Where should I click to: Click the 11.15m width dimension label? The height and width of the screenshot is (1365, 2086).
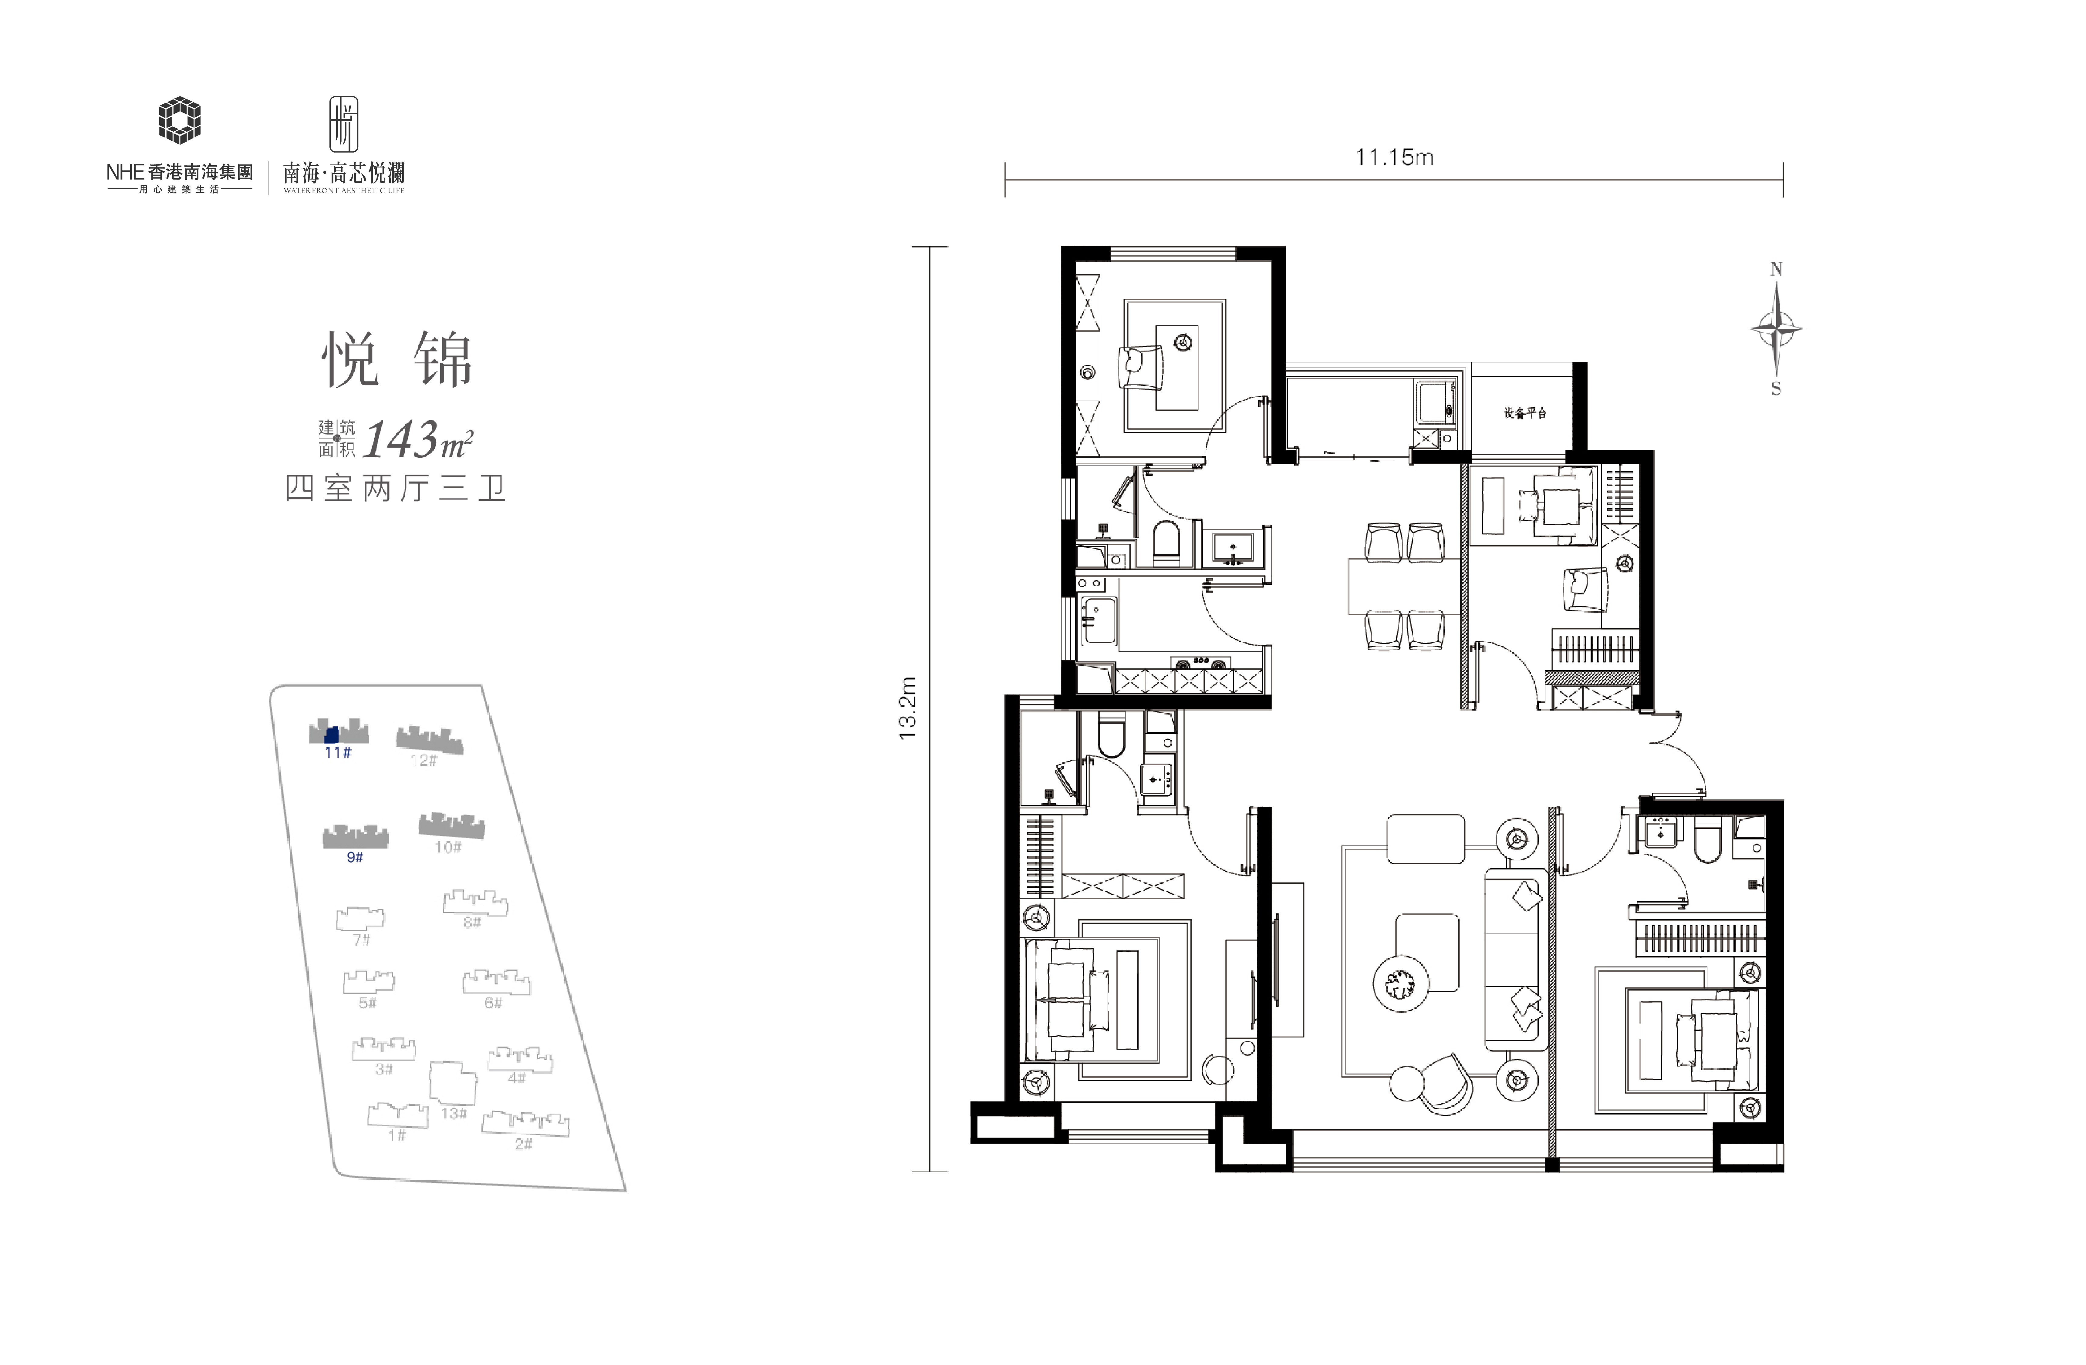(1395, 158)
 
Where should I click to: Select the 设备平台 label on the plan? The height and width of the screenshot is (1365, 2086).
(1525, 413)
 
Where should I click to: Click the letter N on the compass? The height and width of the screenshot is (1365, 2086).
(1776, 269)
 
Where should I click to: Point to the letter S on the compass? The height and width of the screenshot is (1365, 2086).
(1776, 388)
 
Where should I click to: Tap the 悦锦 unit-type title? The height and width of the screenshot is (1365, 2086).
(397, 359)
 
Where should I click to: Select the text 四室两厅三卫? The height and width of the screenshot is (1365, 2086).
(396, 488)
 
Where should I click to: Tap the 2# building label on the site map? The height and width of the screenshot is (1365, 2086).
(523, 1143)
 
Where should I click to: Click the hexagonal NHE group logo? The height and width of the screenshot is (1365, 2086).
(180, 120)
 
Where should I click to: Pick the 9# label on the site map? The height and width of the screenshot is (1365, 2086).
(354, 857)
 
